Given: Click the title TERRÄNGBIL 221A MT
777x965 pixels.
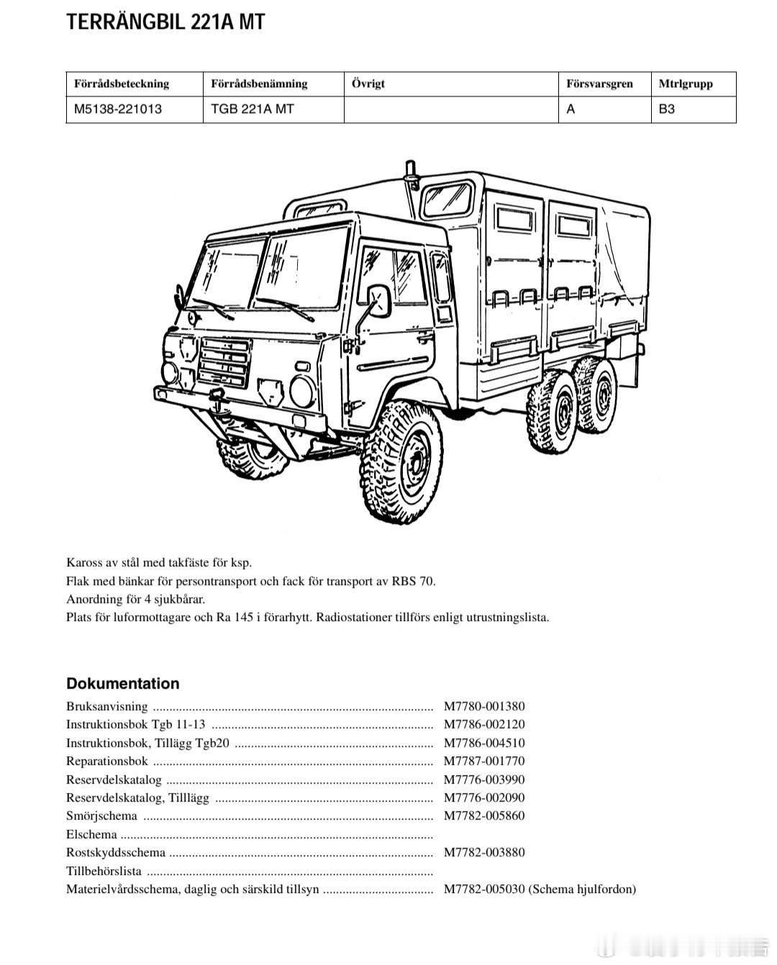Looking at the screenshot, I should (x=165, y=22).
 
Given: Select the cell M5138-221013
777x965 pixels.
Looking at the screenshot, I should (x=118, y=109).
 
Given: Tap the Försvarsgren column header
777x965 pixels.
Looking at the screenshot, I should (x=599, y=83).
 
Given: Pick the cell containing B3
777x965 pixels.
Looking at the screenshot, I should (x=667, y=109).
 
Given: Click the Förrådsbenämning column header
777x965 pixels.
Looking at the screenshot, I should (x=259, y=83).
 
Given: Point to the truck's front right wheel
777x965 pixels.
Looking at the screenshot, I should (x=401, y=461).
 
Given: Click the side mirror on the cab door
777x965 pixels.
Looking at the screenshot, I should (x=378, y=300).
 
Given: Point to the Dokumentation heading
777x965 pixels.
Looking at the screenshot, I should (x=123, y=683).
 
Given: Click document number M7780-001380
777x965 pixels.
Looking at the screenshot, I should (x=484, y=706).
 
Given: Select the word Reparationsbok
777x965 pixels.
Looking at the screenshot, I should (x=107, y=761).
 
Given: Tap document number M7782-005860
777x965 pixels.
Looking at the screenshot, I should (x=484, y=815).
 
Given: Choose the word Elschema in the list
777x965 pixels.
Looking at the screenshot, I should (x=91, y=834).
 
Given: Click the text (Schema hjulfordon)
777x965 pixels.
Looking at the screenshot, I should (x=583, y=889).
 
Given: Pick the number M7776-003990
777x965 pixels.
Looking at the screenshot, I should (x=484, y=779).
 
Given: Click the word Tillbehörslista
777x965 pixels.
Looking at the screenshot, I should (x=104, y=871).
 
